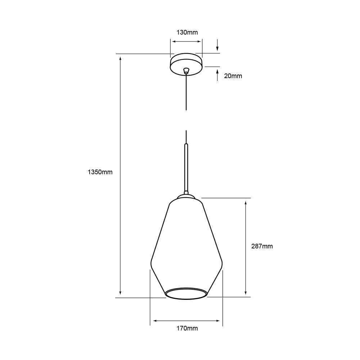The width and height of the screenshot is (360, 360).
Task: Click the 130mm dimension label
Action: pyautogui.click(x=187, y=32)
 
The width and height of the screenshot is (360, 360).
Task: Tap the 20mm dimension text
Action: pyautogui.click(x=233, y=76)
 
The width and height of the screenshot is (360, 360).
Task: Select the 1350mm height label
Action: pyautogui.click(x=100, y=172)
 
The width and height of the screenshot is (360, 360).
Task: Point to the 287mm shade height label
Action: pyautogui.click(x=262, y=246)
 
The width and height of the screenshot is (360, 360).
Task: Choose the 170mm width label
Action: pyautogui.click(x=187, y=328)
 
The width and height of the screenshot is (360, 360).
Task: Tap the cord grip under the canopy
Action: pyautogui.click(x=186, y=71)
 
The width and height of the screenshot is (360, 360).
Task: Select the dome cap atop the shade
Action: pyautogui.click(x=186, y=197)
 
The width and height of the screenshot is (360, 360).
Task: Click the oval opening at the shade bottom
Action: pyautogui.click(x=186, y=294)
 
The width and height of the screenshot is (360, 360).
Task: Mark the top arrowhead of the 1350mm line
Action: pyautogui.click(x=120, y=58)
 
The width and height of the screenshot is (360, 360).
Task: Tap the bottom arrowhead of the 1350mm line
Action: pyautogui.click(x=120, y=292)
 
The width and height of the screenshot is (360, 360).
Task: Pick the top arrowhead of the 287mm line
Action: pyautogui.click(x=246, y=203)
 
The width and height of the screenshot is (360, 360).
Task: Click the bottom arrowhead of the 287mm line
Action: pyautogui.click(x=246, y=292)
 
